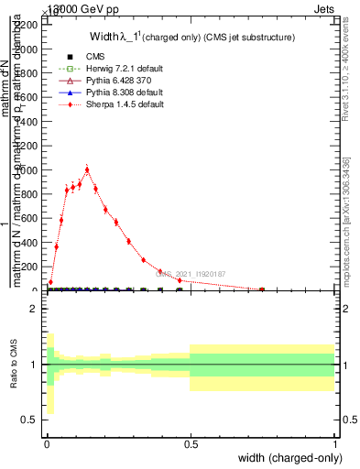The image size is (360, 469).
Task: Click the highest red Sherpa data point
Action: pyautogui.click(x=87, y=169)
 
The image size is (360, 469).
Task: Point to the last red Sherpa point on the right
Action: pyautogui.click(x=262, y=289)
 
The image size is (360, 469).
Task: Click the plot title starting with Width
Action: pyautogui.click(x=191, y=38)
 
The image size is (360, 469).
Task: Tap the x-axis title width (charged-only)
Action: pyautogui.click(x=289, y=458)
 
